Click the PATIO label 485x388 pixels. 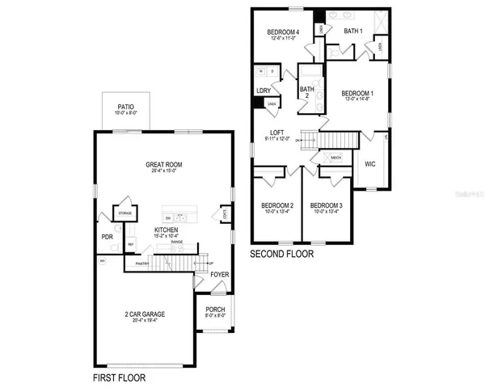click(x=125, y=106)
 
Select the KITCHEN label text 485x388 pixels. click(x=166, y=230)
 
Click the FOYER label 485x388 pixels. click(x=219, y=275)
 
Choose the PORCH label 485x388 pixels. click(x=215, y=309)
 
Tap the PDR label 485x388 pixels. click(x=107, y=237)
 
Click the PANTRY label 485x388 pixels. click(x=143, y=263)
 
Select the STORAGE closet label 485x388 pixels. click(x=125, y=214)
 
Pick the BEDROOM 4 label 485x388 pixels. click(x=284, y=32)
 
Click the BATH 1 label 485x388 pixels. click(x=354, y=31)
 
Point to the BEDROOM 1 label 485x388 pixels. click(x=356, y=92)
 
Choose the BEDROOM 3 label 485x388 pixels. click(x=327, y=205)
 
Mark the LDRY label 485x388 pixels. click(x=264, y=91)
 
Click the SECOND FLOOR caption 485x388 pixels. click(x=282, y=253)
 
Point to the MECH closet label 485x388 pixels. click(x=335, y=158)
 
